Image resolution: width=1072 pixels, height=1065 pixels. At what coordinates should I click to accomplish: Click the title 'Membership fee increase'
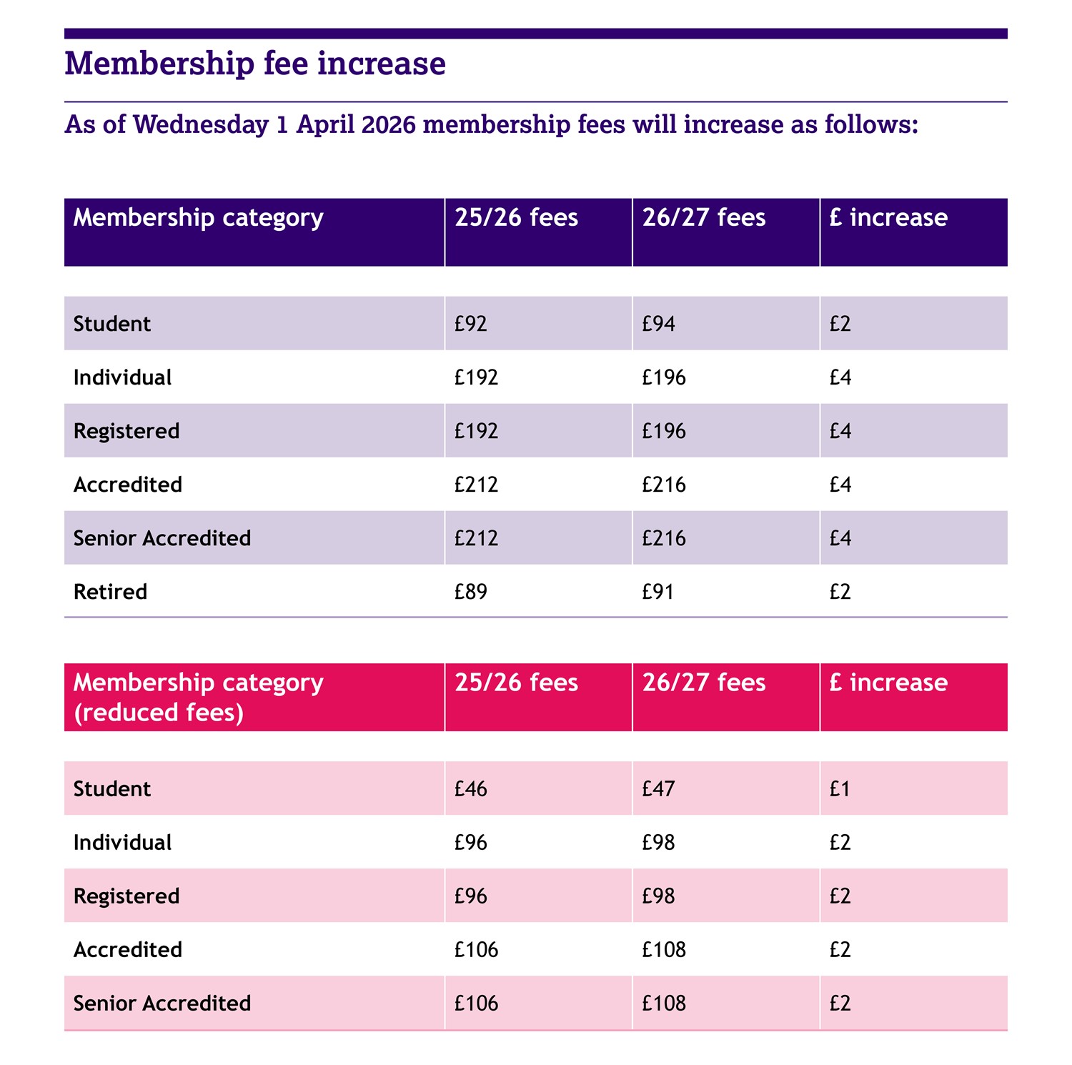[x=255, y=64]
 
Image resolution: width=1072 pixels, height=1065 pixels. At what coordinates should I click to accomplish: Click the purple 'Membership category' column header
[x=198, y=218]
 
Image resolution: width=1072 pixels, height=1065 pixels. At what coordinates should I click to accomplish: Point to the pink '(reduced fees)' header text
[x=159, y=713]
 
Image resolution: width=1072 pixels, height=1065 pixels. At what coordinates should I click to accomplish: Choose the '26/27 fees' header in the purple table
[x=703, y=218]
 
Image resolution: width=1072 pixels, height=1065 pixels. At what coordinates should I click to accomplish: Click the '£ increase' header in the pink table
[x=888, y=683]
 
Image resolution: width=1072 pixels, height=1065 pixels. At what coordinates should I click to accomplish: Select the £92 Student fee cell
[x=470, y=324]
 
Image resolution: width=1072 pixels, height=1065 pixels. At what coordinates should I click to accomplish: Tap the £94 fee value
[x=658, y=324]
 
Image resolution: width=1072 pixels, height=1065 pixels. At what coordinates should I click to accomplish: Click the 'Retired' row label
[x=110, y=592]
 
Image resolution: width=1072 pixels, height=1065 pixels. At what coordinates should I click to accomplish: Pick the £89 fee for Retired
[x=470, y=592]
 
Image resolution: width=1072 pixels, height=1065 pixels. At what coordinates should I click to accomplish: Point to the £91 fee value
[x=657, y=592]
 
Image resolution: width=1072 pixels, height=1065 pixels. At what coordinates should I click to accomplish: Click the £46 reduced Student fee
[x=470, y=789]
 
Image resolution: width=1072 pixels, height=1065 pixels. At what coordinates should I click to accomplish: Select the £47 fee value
[x=658, y=789]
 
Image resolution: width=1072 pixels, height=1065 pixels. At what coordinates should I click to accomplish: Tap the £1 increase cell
[x=840, y=789]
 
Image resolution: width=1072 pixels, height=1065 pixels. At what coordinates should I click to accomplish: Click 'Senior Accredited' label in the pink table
[x=162, y=1004]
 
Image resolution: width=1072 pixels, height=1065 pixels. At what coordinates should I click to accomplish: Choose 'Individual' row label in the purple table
[x=122, y=377]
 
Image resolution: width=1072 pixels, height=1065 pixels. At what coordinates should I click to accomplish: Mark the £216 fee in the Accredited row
[x=663, y=485]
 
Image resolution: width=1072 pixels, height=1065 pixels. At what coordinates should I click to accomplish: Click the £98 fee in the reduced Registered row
[x=658, y=896]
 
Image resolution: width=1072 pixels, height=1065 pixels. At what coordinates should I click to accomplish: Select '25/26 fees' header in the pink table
[x=516, y=683]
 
